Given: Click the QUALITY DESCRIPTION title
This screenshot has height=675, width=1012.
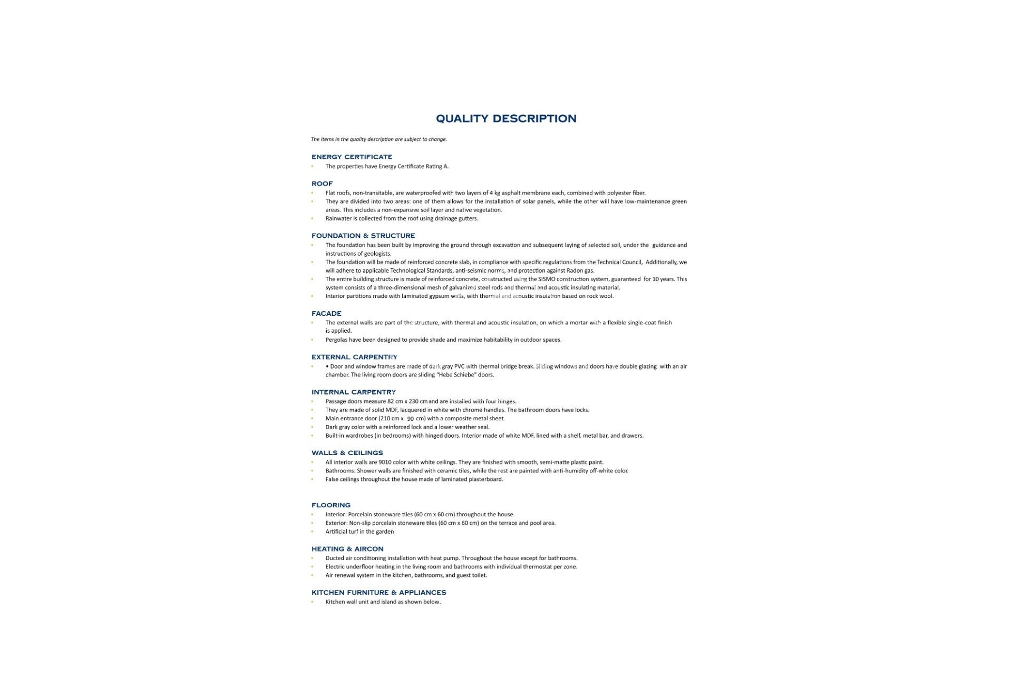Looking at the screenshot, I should pyautogui.click(x=506, y=119).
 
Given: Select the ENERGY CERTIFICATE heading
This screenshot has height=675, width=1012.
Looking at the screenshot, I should pyautogui.click(x=352, y=157).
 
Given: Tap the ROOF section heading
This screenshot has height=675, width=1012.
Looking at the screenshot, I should pyautogui.click(x=322, y=184).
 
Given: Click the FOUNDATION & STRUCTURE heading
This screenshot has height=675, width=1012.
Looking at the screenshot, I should pyautogui.click(x=363, y=236).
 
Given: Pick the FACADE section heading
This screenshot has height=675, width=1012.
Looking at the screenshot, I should pyautogui.click(x=326, y=314).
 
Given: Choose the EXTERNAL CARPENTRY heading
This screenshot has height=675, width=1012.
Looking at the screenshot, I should pyautogui.click(x=354, y=357).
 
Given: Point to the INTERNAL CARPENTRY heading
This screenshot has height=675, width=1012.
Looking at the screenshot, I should pyautogui.click(x=354, y=392).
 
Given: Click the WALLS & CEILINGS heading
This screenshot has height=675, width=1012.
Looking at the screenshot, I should pyautogui.click(x=347, y=453).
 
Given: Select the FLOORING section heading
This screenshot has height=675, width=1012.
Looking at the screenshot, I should pyautogui.click(x=330, y=505).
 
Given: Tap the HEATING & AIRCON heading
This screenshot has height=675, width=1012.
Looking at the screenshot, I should pyautogui.click(x=347, y=549).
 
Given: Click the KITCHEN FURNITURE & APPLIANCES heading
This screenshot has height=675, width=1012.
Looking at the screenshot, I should pyautogui.click(x=378, y=593).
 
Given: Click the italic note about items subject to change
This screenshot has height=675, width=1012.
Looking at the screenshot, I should pyautogui.click(x=378, y=139).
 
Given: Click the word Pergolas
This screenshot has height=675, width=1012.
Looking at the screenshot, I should pyautogui.click(x=336, y=340).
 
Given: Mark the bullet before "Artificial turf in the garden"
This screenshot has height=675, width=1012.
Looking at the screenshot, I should pyautogui.click(x=312, y=532).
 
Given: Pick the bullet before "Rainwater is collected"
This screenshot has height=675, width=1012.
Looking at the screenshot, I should pyautogui.click(x=312, y=218).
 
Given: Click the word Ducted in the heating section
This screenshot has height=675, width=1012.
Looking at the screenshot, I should pyautogui.click(x=335, y=558).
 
